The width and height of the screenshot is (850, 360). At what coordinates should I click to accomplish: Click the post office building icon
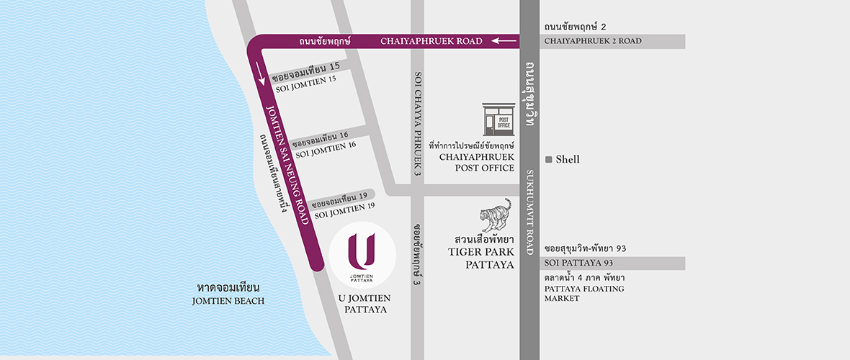click(x=498, y=119)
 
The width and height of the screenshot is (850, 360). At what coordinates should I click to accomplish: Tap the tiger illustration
click(x=496, y=215)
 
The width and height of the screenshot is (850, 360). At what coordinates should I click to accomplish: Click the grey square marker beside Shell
click(x=549, y=159)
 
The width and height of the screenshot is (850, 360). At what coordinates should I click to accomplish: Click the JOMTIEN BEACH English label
click(x=228, y=301)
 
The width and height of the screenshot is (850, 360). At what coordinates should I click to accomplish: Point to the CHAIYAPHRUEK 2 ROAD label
click(x=593, y=42)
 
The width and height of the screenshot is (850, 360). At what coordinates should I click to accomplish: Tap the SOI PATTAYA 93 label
click(x=578, y=262)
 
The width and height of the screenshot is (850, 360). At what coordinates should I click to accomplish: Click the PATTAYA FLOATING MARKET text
click(x=584, y=293)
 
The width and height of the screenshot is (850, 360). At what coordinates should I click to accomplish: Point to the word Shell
click(x=568, y=159)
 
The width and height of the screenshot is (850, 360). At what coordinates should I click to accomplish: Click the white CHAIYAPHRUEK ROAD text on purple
click(x=431, y=42)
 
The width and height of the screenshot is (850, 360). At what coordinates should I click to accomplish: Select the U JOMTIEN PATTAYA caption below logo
click(x=363, y=304)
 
